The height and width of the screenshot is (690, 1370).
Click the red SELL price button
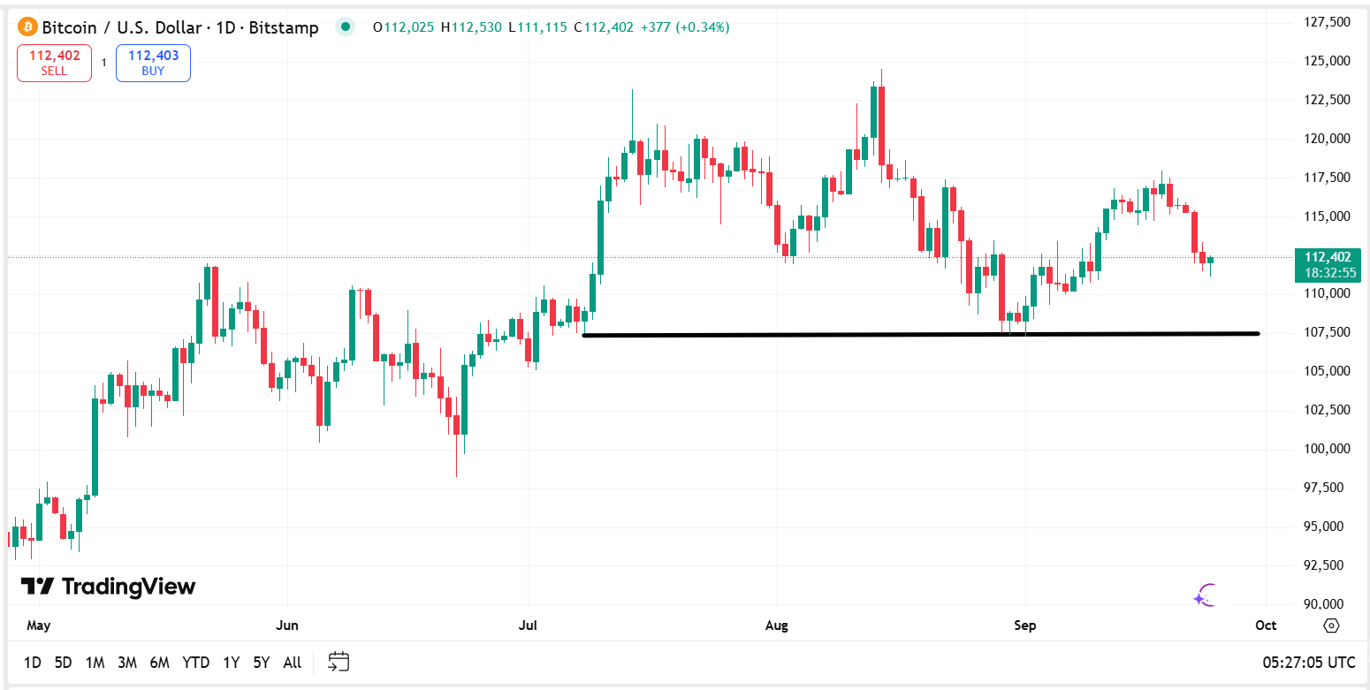(54, 63)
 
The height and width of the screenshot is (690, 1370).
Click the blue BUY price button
(153, 63)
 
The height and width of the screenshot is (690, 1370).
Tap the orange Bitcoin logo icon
(27, 27)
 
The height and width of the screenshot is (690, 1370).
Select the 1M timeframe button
(95, 662)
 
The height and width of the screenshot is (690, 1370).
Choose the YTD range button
(195, 662)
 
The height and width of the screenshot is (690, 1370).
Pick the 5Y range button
(261, 662)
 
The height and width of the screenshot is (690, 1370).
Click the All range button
(292, 662)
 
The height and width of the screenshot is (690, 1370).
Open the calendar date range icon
(339, 662)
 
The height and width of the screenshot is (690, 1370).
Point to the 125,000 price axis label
(1327, 61)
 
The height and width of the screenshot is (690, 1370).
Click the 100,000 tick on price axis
(1327, 449)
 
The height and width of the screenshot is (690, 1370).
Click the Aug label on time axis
(776, 626)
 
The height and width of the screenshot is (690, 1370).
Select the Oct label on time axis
(1266, 626)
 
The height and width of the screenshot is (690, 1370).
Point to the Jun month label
(286, 626)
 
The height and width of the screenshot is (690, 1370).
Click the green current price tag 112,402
(1327, 264)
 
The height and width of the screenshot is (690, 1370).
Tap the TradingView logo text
(108, 587)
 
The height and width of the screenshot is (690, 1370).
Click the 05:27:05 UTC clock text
(1309, 662)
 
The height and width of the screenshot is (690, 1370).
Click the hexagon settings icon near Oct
(1331, 626)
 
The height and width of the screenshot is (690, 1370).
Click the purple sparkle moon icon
(1205, 595)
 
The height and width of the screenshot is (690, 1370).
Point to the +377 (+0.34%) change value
(703, 27)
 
